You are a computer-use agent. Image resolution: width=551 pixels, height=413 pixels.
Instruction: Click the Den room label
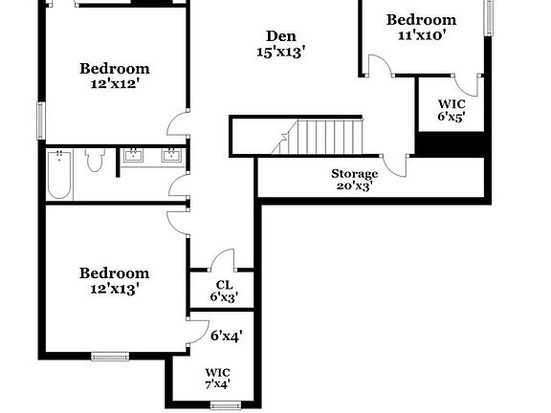(x=280, y=36)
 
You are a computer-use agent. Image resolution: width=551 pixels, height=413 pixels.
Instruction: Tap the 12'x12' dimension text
(x=114, y=83)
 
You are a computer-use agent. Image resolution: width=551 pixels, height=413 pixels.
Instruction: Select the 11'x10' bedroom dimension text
(x=421, y=34)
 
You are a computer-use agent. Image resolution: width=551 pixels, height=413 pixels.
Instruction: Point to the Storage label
(x=354, y=173)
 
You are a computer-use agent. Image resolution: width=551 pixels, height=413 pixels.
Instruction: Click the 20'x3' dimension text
(x=354, y=186)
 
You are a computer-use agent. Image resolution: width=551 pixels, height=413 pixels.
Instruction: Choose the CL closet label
(x=224, y=284)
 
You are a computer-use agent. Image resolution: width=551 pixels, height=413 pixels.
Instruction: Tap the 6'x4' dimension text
(x=227, y=336)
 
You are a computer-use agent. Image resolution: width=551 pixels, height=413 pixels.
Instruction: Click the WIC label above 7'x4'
(x=217, y=373)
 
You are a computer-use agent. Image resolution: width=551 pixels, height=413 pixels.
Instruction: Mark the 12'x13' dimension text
(x=114, y=288)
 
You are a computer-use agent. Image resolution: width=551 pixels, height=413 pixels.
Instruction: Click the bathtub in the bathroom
(x=59, y=174)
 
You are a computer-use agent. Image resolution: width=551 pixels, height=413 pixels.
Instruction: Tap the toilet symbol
(x=94, y=160)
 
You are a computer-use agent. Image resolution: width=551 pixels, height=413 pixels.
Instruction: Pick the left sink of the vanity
(x=133, y=155)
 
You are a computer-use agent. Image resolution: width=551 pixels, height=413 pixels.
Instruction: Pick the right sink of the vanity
(x=172, y=155)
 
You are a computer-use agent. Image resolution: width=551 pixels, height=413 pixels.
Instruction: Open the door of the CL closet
(x=222, y=260)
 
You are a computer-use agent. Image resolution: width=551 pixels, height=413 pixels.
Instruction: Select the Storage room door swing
(x=394, y=165)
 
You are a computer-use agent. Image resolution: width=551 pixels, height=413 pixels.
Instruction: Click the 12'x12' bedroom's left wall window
(x=40, y=119)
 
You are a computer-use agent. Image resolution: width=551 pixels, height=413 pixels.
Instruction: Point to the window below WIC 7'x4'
(x=225, y=405)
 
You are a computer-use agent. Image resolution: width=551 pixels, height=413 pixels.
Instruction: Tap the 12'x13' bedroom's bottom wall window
(x=110, y=357)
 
